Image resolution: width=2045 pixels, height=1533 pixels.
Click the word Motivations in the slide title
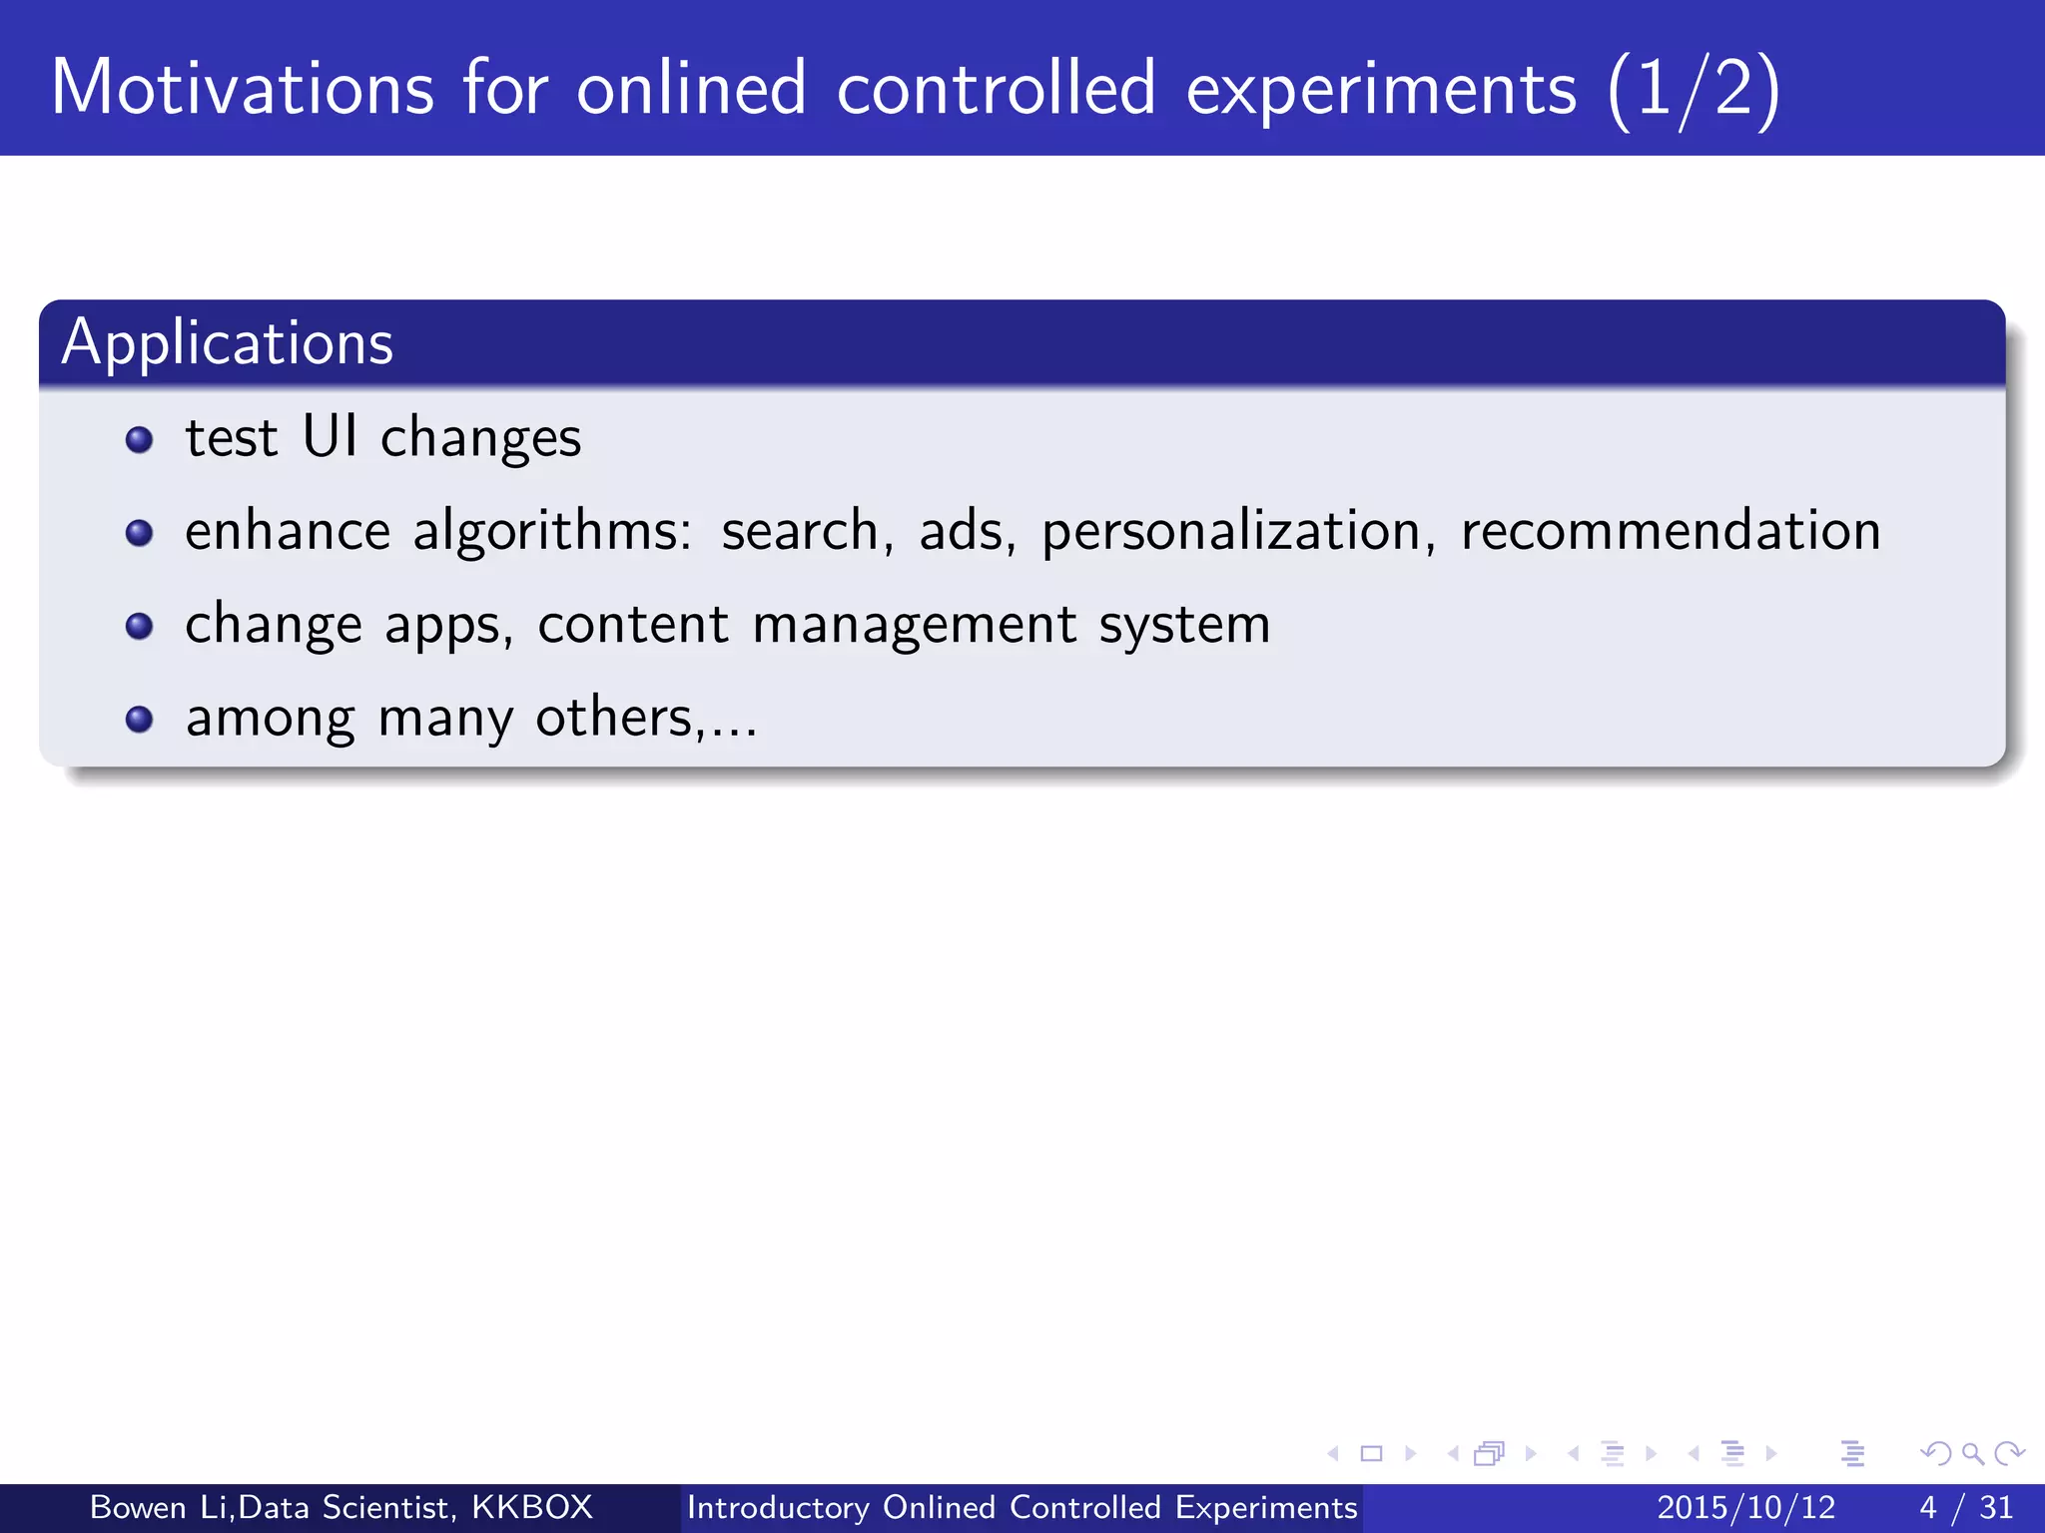(243, 88)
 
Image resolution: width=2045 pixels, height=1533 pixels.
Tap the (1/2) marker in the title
(1694, 90)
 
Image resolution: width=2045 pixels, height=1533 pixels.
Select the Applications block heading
(228, 343)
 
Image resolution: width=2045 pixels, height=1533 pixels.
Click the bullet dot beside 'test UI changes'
(139, 440)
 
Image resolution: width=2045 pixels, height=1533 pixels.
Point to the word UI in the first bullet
(330, 436)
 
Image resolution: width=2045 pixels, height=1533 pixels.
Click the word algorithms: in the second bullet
(552, 531)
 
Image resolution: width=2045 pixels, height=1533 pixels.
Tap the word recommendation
(1671, 530)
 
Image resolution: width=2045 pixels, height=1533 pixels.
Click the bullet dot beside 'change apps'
(139, 626)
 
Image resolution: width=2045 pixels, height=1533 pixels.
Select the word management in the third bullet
(914, 626)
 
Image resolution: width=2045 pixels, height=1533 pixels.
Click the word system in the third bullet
(1184, 626)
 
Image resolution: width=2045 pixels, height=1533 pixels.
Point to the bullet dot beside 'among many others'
(139, 720)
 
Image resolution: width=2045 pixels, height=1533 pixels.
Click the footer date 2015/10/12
(1746, 1507)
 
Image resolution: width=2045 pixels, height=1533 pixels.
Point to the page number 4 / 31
(1966, 1507)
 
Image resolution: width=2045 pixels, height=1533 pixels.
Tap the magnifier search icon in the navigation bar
(1972, 1453)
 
